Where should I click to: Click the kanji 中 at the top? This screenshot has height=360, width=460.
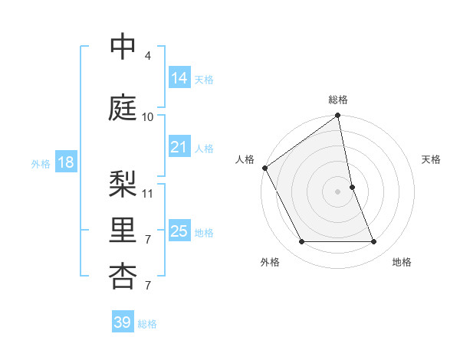point(123,47)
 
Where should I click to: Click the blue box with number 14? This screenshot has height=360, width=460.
point(179,78)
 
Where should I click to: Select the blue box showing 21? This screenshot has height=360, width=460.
point(179,147)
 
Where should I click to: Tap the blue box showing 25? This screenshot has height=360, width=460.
point(179,231)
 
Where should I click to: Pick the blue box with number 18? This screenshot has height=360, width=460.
point(65,162)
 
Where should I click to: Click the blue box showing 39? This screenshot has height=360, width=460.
point(122,322)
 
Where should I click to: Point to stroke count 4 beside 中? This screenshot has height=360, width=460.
point(147,56)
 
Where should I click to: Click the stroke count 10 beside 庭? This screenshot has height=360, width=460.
point(147,117)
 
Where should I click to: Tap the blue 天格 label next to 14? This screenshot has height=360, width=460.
point(204,80)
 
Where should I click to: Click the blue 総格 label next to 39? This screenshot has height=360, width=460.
point(147,324)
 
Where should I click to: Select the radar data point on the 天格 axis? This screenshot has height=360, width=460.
point(352,186)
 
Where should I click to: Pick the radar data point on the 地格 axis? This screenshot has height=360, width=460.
point(374,242)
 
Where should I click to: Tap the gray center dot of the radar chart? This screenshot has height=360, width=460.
point(337,191)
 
